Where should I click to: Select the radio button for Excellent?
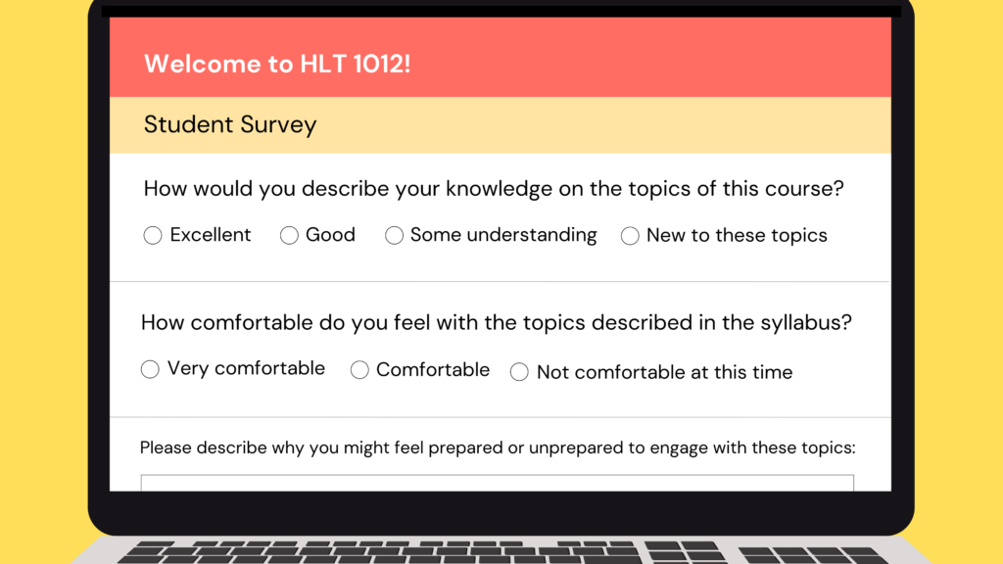pos(153,235)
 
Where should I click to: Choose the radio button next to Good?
pos(289,235)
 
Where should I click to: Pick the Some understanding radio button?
pos(394,235)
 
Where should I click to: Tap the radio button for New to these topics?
pos(630,236)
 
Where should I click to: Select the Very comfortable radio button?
pos(150,369)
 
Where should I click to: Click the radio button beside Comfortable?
pos(359,369)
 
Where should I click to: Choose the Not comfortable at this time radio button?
pos(519,371)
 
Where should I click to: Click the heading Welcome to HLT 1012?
pos(277,64)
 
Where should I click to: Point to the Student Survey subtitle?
pos(230,124)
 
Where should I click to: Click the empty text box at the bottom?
pos(497,483)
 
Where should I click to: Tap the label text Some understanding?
pos(503,235)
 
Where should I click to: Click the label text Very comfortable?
pos(246,369)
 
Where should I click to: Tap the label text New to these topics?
pos(737,236)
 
